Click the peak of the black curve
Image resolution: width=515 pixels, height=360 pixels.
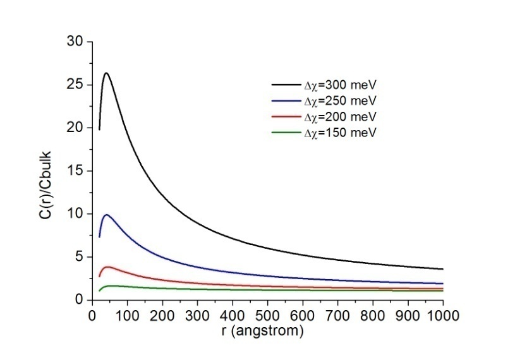click(x=106, y=73)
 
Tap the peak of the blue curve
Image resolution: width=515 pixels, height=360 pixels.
click(x=107, y=215)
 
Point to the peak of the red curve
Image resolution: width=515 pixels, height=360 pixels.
click(x=108, y=267)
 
